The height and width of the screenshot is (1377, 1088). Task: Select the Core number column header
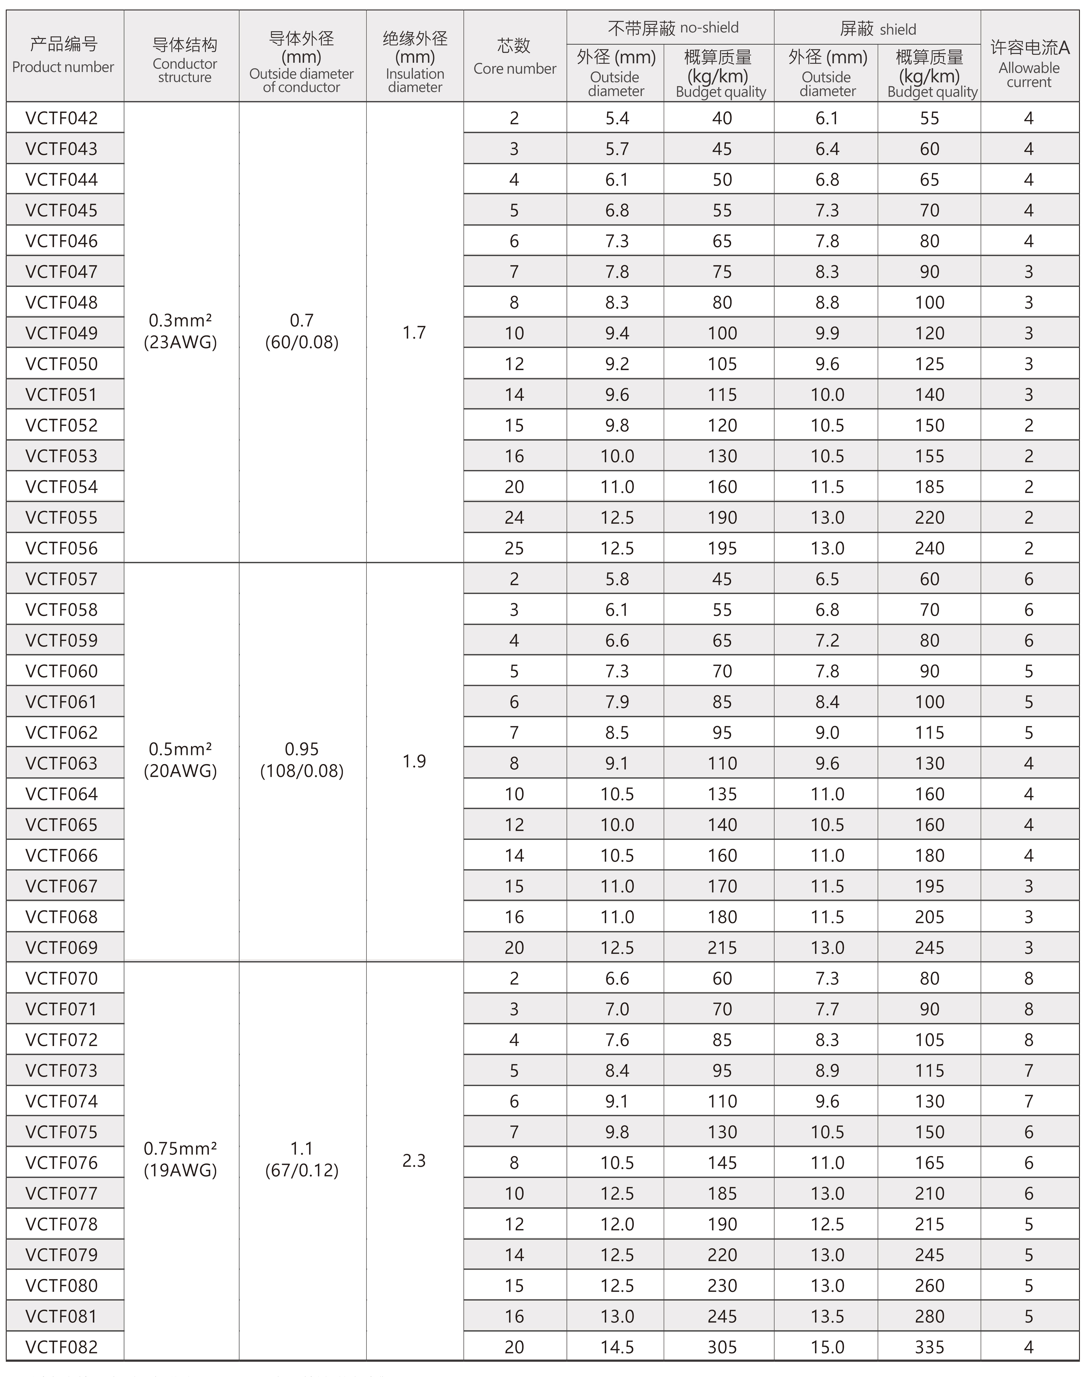[515, 56]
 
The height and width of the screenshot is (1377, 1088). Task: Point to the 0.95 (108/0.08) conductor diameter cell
[302, 760]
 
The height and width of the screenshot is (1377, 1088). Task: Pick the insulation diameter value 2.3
[414, 1161]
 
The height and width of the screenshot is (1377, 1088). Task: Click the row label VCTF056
[62, 548]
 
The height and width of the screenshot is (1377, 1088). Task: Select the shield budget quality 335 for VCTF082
[929, 1347]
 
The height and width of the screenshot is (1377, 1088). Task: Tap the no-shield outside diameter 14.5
[617, 1347]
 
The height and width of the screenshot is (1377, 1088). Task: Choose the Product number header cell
[63, 56]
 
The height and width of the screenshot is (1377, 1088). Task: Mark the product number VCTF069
[62, 947]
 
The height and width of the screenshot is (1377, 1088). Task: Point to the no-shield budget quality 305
[722, 1347]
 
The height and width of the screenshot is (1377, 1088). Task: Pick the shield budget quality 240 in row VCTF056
[929, 548]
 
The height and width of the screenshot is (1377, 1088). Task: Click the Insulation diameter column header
[415, 62]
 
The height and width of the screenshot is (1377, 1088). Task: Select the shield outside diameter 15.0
[827, 1347]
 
